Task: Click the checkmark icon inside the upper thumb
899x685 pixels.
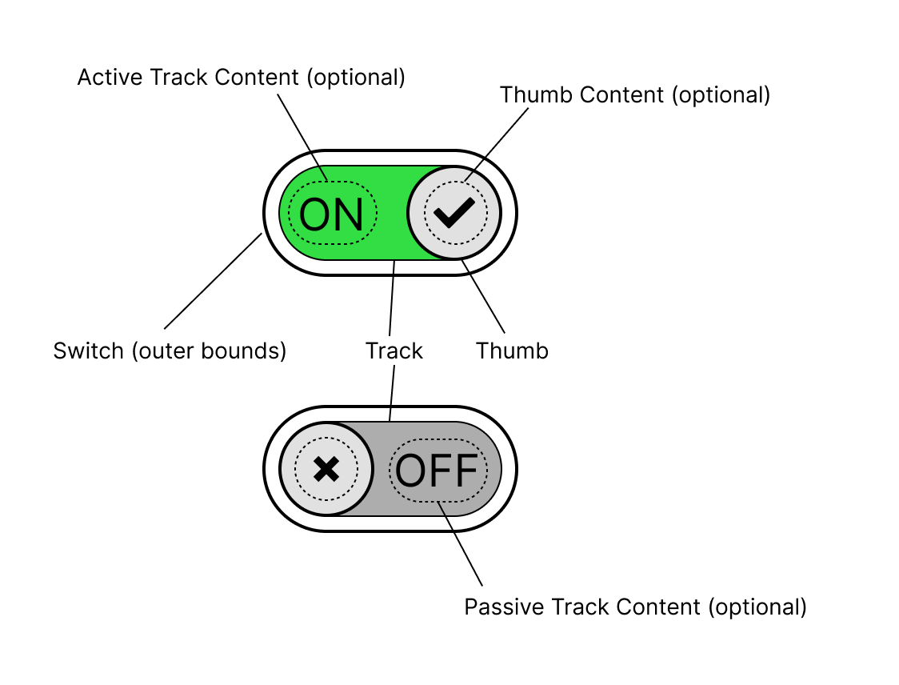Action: coord(453,212)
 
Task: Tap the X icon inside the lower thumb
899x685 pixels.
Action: coord(326,469)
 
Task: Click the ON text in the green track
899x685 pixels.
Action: coord(332,214)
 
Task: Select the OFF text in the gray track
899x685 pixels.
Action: coord(437,471)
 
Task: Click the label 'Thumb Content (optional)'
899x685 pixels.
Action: coord(634,95)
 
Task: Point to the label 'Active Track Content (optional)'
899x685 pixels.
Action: coord(241,78)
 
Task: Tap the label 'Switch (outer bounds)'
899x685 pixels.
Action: coord(170,351)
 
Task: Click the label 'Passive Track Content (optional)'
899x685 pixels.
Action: coord(635,607)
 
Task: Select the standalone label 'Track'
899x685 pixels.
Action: coord(394,351)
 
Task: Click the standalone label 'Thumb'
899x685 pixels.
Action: coord(512,351)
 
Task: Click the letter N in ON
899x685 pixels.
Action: coord(349,214)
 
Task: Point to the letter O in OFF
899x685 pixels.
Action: coord(411,471)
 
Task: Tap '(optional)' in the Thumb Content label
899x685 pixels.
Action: coord(721,95)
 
